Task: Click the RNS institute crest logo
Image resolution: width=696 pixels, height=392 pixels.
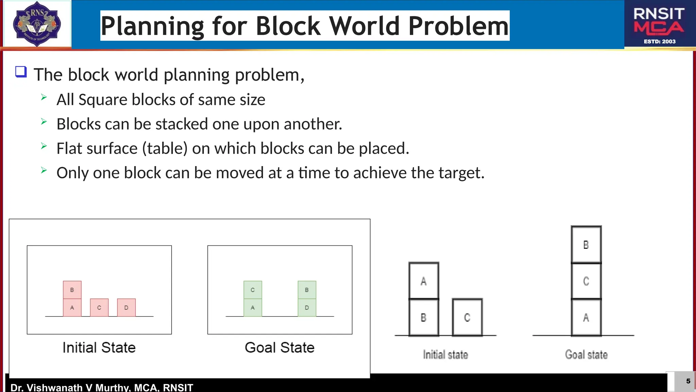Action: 37,24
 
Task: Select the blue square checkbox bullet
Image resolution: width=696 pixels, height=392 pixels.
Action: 21,72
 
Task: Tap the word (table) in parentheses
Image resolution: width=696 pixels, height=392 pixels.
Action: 165,149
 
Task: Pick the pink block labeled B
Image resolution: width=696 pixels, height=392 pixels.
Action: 72,290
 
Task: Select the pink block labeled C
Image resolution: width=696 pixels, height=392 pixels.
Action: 99,308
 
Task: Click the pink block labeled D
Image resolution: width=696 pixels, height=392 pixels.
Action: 126,308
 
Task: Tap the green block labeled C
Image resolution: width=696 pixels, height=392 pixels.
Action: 253,290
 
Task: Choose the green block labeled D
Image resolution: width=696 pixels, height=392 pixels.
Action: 307,308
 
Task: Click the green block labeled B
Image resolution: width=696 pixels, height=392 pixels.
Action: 307,290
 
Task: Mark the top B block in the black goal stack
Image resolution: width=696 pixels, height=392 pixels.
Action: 586,244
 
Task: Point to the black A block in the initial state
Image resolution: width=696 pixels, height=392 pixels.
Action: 424,281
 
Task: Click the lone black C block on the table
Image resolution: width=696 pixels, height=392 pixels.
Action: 467,317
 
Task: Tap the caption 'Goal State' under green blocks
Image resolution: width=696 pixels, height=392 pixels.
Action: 280,347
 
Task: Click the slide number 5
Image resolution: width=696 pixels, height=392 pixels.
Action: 688,381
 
